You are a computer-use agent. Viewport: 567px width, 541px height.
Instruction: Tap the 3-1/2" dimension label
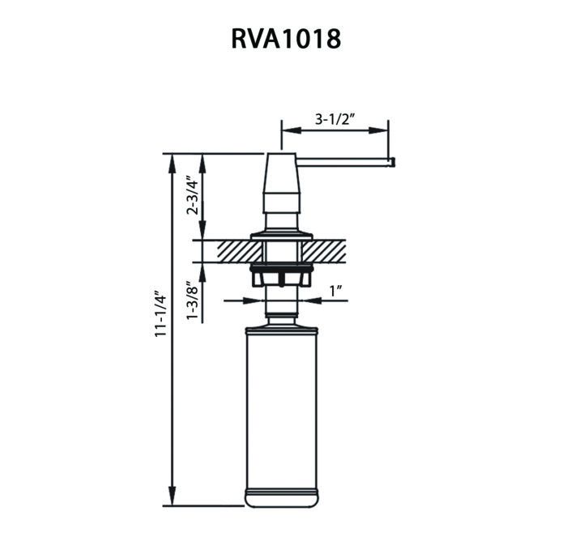pos(336,119)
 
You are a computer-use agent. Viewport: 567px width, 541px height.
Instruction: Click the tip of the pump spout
pos(393,163)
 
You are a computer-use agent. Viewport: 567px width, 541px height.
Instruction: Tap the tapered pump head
pos(282,182)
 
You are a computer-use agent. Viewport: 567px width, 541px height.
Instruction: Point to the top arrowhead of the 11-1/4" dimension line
pos(172,160)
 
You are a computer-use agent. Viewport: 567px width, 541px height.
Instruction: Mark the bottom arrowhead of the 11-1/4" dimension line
pos(172,496)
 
